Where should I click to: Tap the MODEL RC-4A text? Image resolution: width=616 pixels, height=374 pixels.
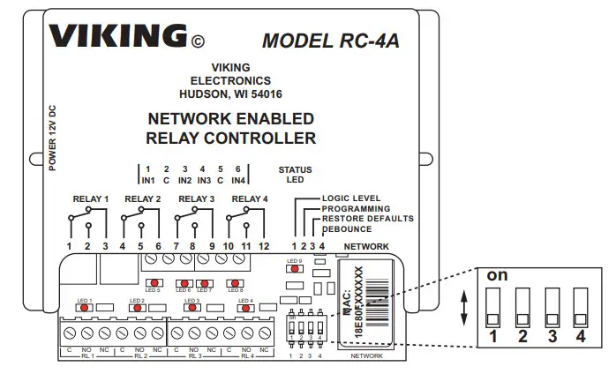pyautogui.click(x=325, y=40)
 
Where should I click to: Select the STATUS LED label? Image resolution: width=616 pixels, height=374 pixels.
pyautogui.click(x=295, y=175)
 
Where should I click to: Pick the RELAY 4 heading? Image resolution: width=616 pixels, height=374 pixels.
pyautogui.click(x=249, y=199)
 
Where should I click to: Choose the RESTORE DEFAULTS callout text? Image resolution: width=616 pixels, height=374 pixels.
pyautogui.click(x=367, y=218)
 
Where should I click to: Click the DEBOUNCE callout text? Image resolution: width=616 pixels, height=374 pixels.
pyautogui.click(x=348, y=228)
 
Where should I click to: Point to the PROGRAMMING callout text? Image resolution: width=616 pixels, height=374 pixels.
pyautogui.click(x=357, y=208)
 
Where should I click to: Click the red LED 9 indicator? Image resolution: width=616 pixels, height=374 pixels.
pyautogui.click(x=295, y=270)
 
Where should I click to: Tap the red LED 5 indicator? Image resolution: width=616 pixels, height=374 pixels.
pyautogui.click(x=153, y=283)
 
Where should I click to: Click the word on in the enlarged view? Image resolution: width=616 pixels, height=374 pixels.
pyautogui.click(x=497, y=274)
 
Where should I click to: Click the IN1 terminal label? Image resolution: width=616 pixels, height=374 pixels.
pyautogui.click(x=149, y=180)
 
